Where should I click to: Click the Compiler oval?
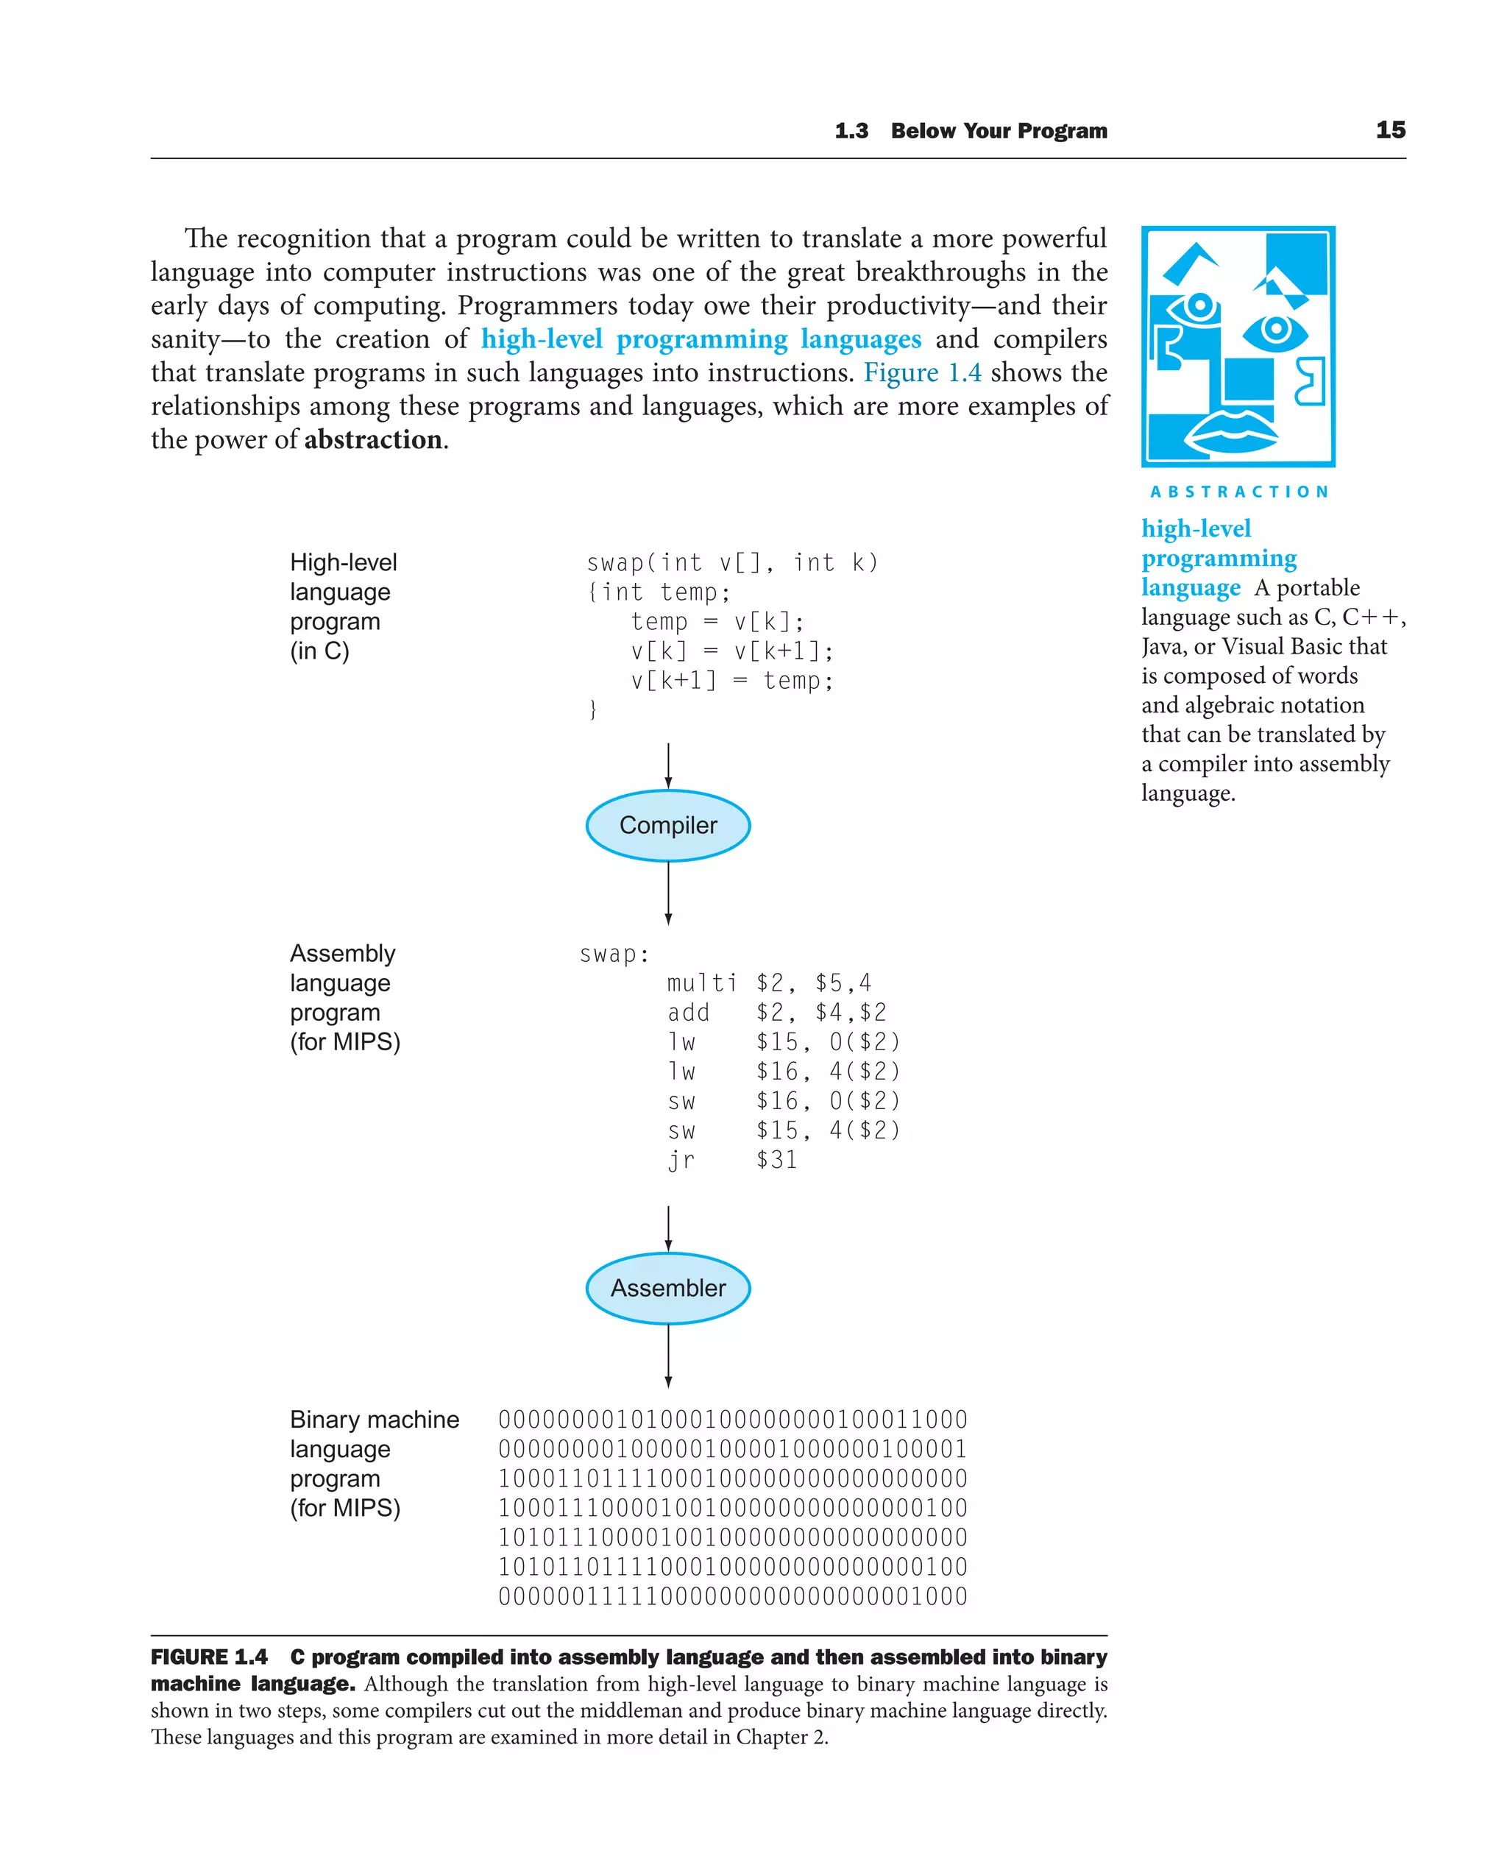click(667, 825)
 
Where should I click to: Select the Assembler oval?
click(667, 1288)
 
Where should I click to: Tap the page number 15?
click(1390, 130)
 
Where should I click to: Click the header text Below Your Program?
click(999, 131)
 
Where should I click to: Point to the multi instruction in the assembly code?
click(701, 983)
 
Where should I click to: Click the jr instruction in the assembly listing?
click(681, 1160)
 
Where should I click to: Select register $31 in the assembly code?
click(776, 1160)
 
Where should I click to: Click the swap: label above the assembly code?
click(614, 955)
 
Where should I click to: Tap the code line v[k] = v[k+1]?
click(732, 651)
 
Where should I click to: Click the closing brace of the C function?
click(593, 709)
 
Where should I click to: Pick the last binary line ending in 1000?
click(732, 1596)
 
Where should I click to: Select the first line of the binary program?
click(732, 1420)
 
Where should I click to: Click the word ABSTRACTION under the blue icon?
click(1238, 492)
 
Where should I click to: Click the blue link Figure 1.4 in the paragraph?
click(922, 372)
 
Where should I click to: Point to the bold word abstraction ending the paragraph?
click(372, 439)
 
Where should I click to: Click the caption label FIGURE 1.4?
click(208, 1657)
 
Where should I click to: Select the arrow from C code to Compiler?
click(667, 765)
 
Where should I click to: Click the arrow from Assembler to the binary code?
click(667, 1356)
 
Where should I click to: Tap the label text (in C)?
click(319, 651)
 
